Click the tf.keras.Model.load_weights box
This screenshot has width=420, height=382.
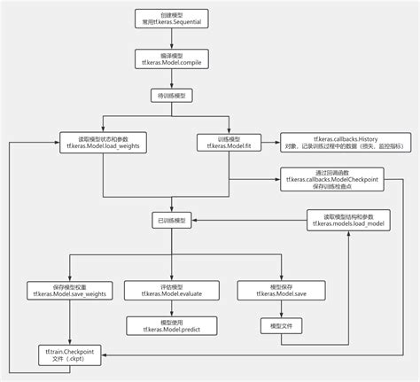103,142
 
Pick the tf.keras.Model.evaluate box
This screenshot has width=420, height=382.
161,290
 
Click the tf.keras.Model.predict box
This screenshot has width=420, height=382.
161,326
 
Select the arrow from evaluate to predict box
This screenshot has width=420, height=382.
161,308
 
